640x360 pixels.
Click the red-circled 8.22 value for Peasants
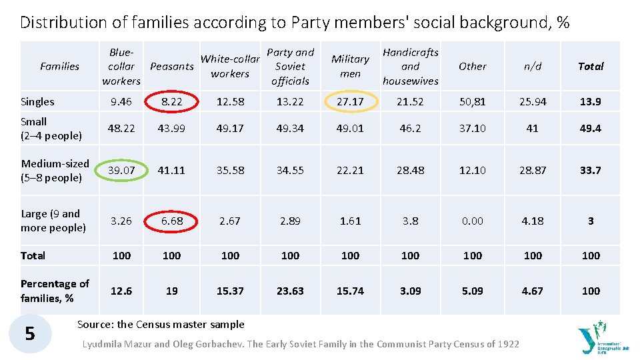coord(171,101)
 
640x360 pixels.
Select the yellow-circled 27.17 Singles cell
coord(350,101)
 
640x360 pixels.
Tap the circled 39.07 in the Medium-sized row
coord(121,170)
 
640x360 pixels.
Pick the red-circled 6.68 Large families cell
coord(171,221)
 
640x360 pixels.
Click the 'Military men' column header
coord(350,66)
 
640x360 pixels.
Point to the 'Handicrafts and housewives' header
coord(410,66)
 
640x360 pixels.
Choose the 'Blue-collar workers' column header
coord(121,66)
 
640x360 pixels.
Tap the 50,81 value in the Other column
coord(473,101)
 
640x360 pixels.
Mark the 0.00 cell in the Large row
coord(473,221)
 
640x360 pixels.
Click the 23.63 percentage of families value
coord(290,291)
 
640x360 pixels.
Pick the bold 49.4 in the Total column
coord(591,128)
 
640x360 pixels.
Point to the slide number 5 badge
coord(30,333)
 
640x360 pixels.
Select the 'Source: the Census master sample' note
coord(161,325)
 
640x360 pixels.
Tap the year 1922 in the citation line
coord(507,344)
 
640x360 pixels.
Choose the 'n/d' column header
coord(532,66)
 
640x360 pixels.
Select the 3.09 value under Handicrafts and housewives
coord(410,291)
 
